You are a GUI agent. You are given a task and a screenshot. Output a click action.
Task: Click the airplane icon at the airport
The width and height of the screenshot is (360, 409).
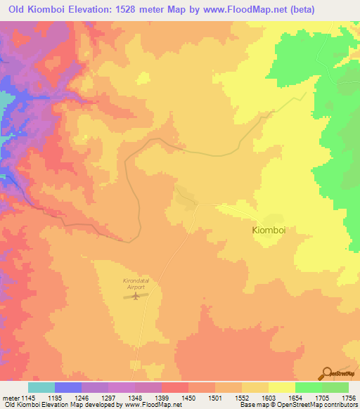tap(135, 296)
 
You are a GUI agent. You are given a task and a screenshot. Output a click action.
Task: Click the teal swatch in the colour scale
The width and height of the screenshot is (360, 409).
tap(41, 387)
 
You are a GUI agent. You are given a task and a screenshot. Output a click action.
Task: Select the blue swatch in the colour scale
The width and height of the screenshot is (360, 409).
tap(68, 387)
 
